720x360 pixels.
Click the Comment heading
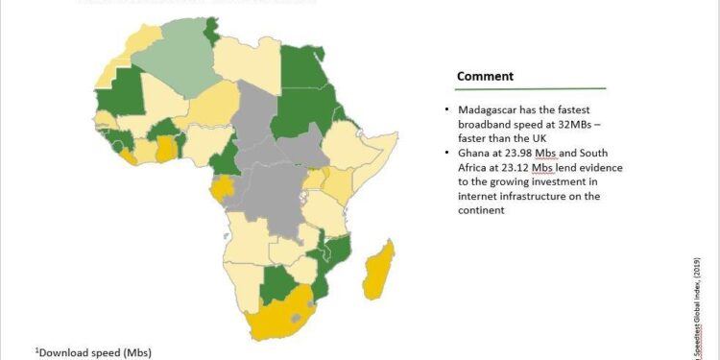pyautogui.click(x=485, y=76)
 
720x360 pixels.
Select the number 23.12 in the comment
pyautogui.click(x=512, y=168)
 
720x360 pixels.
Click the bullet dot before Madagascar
pyautogui.click(x=448, y=111)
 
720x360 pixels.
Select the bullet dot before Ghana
pyautogui.click(x=448, y=155)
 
